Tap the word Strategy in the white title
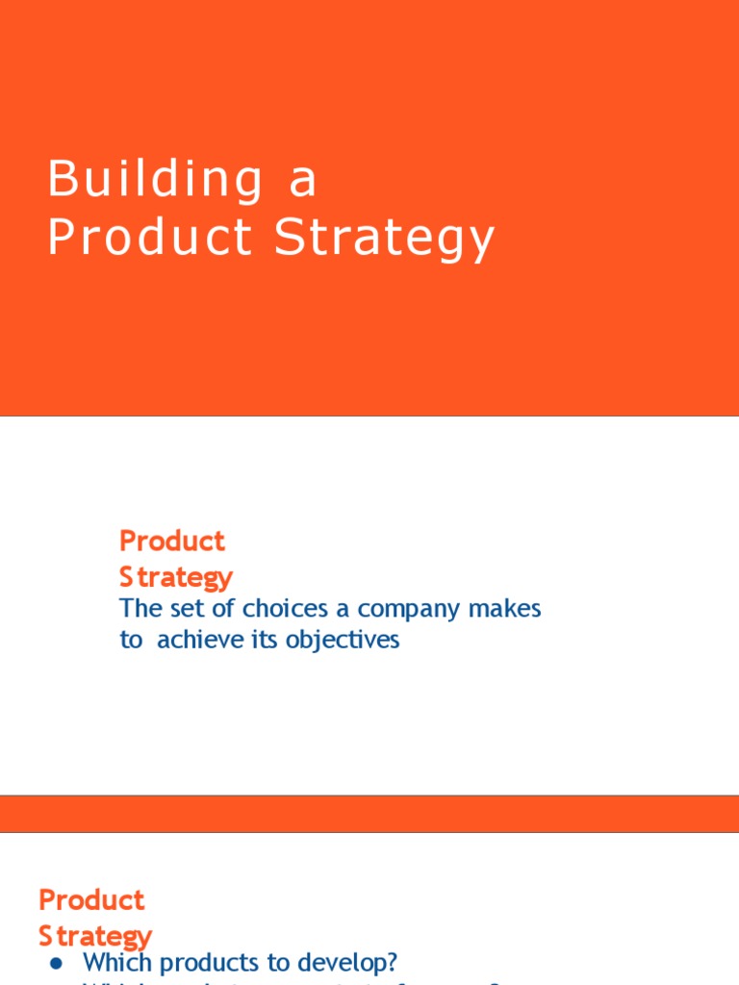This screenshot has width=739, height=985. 384,239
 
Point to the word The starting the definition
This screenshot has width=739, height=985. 140,609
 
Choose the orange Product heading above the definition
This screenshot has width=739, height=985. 172,541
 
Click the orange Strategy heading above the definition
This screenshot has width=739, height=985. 176,577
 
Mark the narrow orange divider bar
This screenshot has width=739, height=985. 369,814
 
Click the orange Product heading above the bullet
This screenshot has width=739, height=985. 91,900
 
